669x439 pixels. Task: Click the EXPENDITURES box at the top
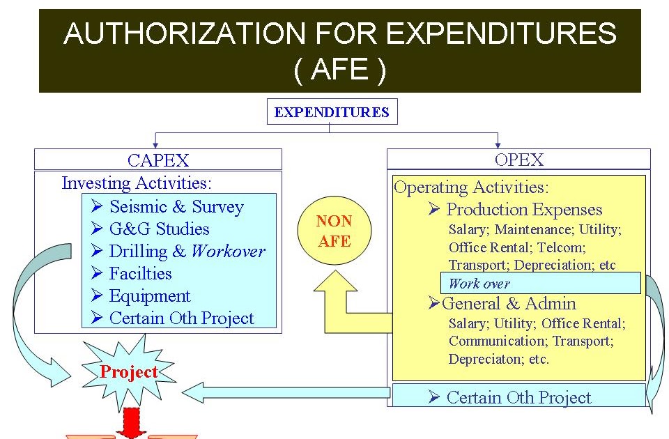(332, 111)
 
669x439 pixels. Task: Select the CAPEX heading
(158, 160)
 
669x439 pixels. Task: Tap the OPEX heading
(518, 160)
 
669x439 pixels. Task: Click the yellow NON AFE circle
(334, 231)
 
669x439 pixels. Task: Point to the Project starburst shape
(129, 372)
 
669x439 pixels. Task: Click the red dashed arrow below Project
(130, 423)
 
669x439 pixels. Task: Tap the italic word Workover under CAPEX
(229, 252)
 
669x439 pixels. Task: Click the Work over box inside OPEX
(541, 283)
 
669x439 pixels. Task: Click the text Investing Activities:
(137, 183)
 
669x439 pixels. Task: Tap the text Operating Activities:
(472, 187)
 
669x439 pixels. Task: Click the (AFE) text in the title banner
(340, 69)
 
